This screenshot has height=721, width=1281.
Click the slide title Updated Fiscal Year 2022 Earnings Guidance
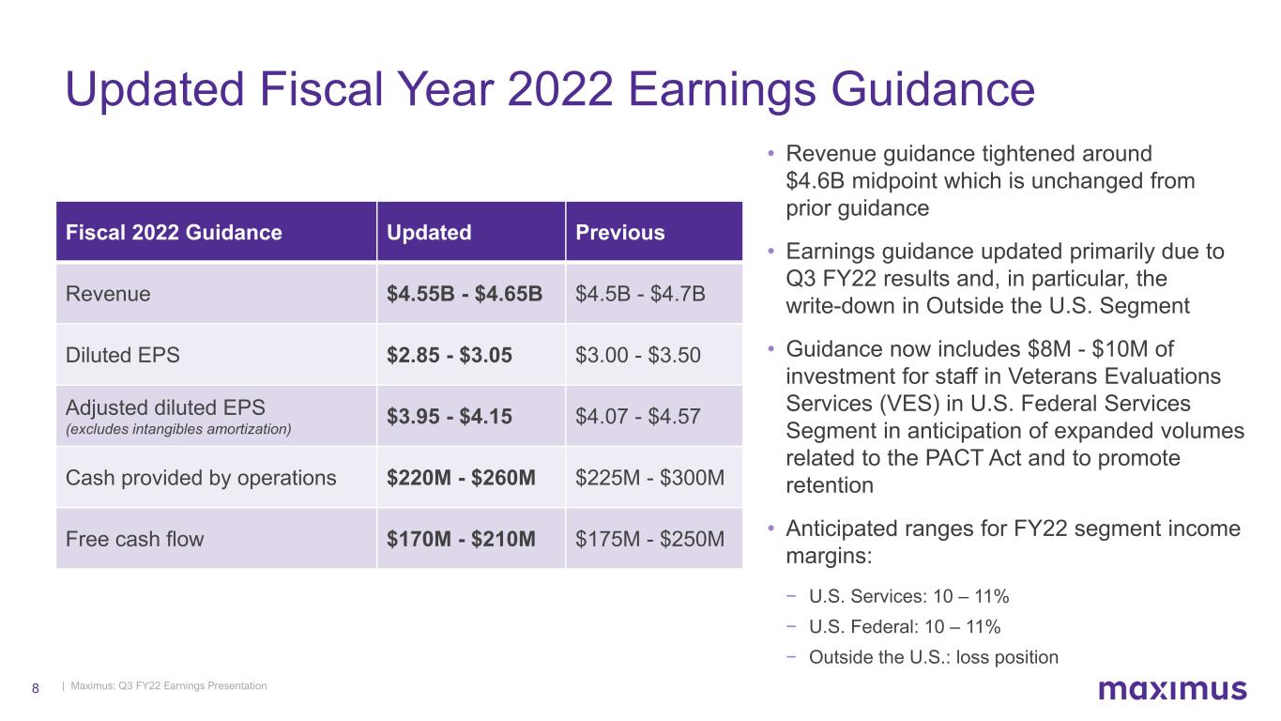tap(550, 89)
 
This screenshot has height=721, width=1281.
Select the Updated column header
tap(429, 232)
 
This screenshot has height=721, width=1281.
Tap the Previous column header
tap(620, 232)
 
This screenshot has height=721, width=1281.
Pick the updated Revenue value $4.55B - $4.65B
tap(465, 294)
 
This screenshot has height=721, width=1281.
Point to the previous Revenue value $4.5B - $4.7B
tap(640, 294)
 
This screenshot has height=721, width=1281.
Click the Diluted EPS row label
tap(122, 355)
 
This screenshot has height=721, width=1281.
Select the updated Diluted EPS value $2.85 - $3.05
tap(450, 355)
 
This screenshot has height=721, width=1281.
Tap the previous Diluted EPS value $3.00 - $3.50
tap(637, 355)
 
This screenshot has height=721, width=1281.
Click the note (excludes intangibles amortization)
tap(178, 429)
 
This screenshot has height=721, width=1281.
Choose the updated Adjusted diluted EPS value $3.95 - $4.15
tap(450, 416)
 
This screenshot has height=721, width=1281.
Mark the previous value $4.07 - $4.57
tap(637, 416)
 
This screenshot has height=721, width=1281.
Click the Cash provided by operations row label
tap(201, 478)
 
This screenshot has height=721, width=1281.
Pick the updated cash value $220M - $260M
tap(461, 477)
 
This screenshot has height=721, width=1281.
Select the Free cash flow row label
tap(134, 539)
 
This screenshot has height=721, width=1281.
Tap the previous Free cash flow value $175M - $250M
tap(649, 539)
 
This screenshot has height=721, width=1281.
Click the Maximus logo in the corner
tap(1172, 689)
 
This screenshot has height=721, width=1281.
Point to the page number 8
tap(36, 688)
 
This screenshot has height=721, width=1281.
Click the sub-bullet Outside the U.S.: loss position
tap(933, 657)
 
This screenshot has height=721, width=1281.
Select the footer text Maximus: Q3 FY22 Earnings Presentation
tap(169, 685)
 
